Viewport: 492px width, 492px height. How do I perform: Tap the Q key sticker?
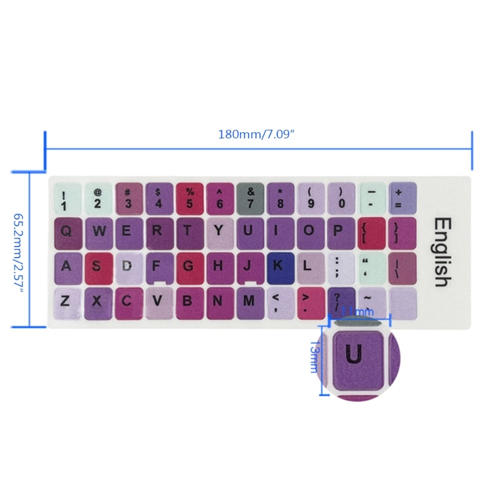click(x=68, y=231)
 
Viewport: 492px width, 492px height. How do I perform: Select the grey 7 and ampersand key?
click(x=250, y=196)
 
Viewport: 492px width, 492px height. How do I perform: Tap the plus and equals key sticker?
click(x=402, y=196)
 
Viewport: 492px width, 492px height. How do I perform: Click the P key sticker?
click(x=339, y=231)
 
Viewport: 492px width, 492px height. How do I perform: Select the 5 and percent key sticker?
click(x=189, y=196)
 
